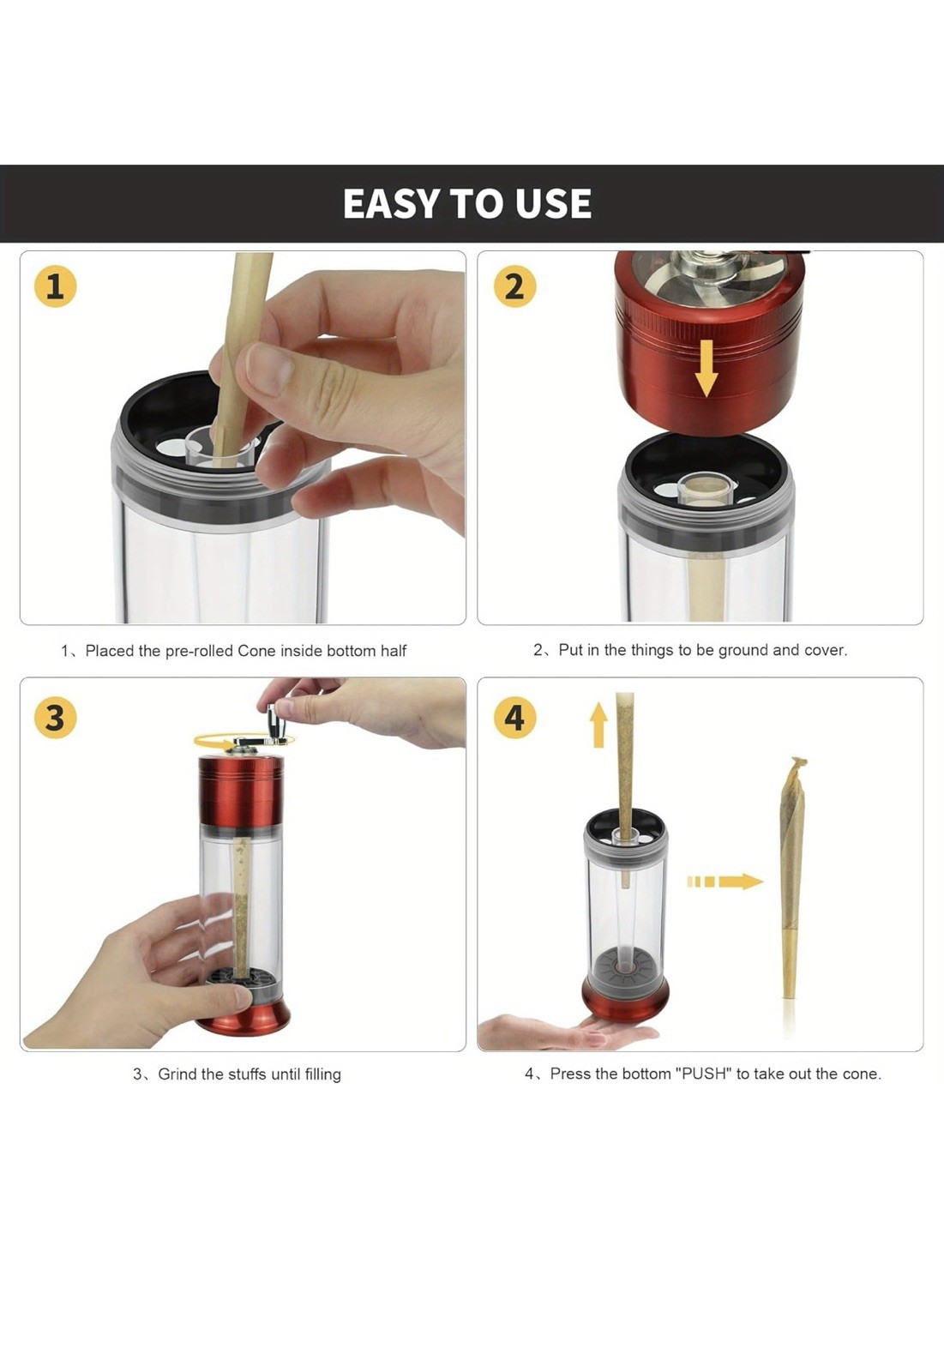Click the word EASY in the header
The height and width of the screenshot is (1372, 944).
(391, 204)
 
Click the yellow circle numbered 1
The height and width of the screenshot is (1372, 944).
(55, 286)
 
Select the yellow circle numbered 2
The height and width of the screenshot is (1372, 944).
(514, 286)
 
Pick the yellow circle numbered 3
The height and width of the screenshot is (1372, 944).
(55, 717)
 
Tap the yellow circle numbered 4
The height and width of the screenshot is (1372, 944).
(514, 717)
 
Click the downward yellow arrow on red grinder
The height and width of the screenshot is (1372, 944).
(706, 366)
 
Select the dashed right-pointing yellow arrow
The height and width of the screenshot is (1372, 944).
(725, 882)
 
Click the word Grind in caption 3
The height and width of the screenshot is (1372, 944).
(177, 1074)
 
